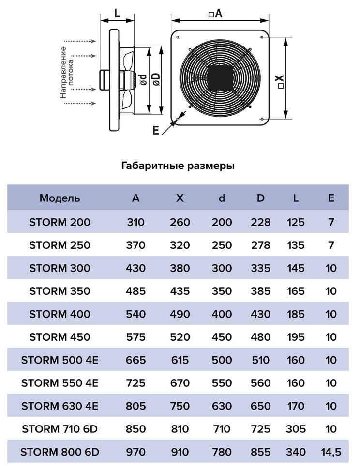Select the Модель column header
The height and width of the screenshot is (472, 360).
click(60, 198)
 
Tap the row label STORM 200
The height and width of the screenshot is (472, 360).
click(60, 222)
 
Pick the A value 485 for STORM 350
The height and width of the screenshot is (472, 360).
click(136, 291)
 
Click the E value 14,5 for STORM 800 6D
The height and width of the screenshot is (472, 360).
click(331, 452)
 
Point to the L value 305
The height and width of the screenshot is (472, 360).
click(296, 428)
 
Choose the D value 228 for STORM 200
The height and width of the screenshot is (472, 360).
click(260, 222)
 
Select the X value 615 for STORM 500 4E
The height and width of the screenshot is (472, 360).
click(180, 360)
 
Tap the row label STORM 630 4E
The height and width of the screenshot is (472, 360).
click(60, 406)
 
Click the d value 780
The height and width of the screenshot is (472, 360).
click(222, 452)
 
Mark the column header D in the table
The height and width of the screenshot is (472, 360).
click(260, 198)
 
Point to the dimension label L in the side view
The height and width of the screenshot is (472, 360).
click(117, 13)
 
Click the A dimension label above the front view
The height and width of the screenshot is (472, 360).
click(216, 14)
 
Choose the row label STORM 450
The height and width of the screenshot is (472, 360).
click(60, 337)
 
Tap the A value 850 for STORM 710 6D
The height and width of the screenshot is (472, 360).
click(136, 428)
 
